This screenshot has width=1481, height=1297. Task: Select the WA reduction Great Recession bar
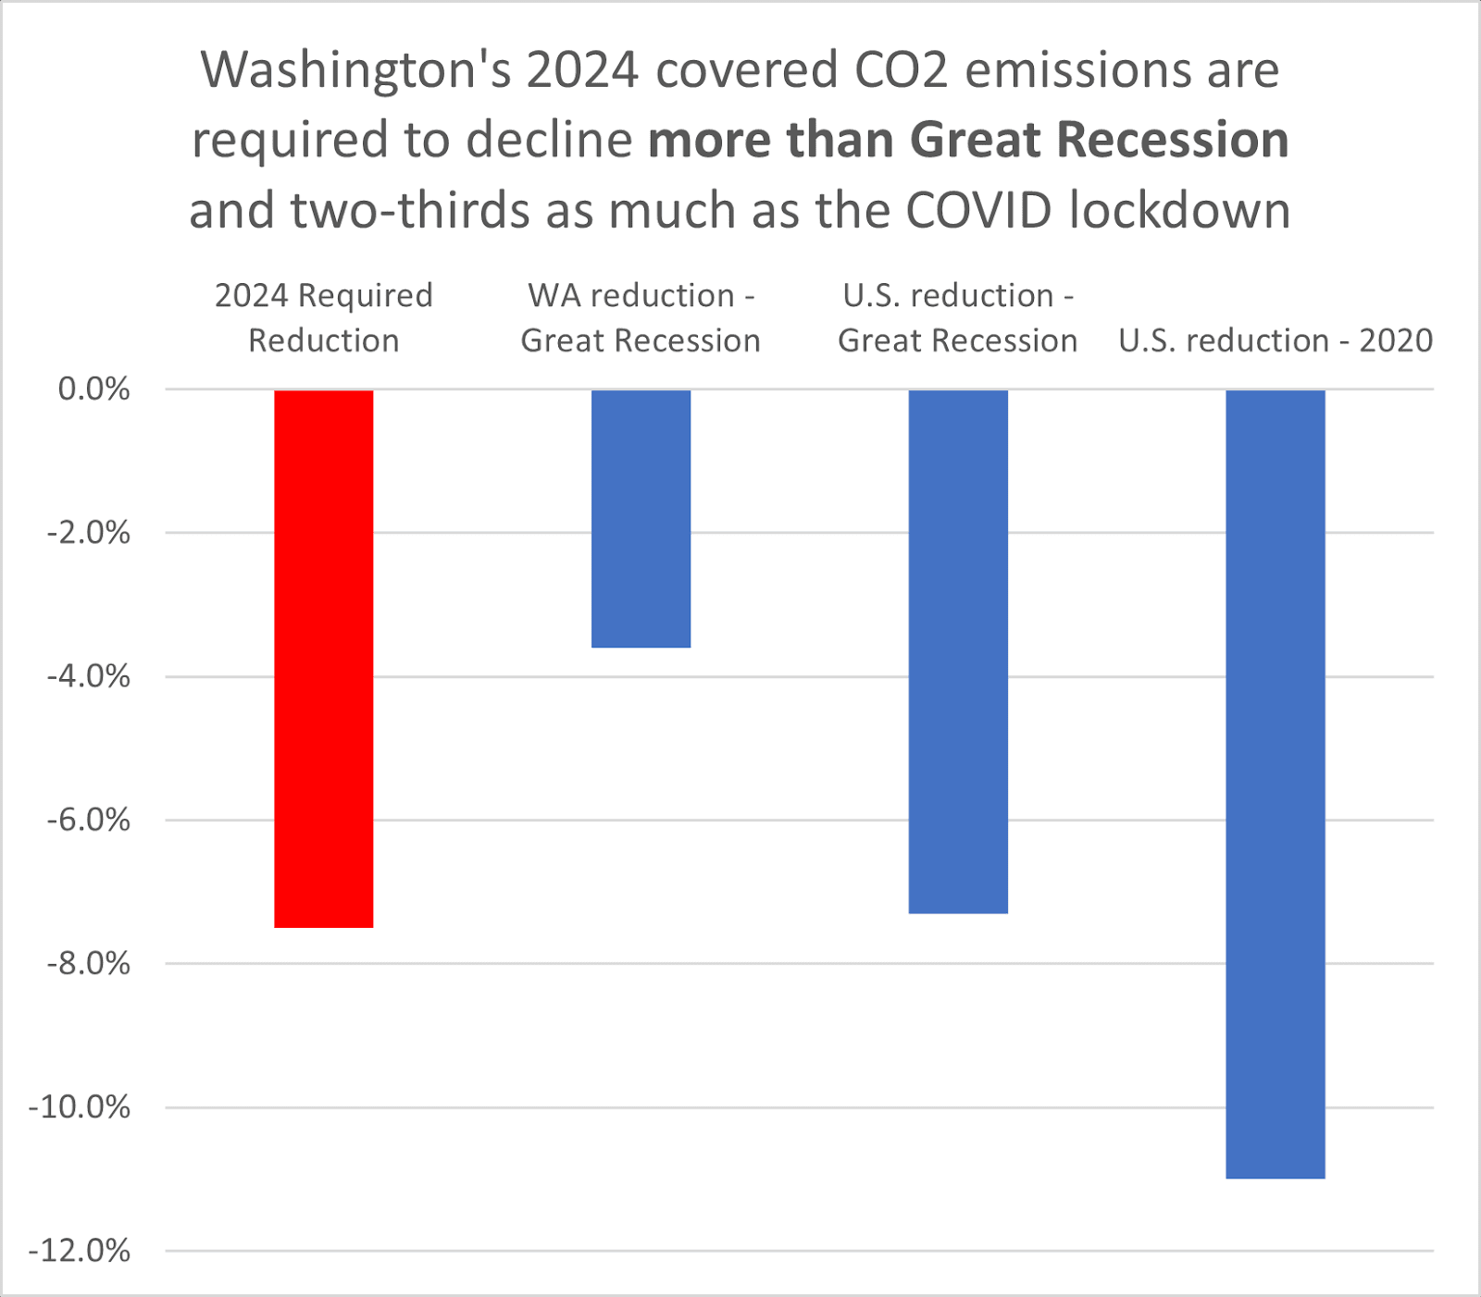(641, 518)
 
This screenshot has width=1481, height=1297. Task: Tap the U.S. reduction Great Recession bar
(958, 650)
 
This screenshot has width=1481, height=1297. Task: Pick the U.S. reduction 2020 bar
(1275, 783)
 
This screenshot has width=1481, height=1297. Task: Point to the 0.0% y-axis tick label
(93, 389)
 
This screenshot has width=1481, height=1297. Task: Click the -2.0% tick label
(89, 533)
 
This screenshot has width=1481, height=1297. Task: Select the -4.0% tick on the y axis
(89, 677)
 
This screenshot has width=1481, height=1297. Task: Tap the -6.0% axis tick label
(89, 821)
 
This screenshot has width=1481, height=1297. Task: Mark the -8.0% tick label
(89, 964)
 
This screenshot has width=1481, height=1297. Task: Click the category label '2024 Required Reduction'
(324, 317)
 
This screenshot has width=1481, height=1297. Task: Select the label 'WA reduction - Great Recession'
(641, 317)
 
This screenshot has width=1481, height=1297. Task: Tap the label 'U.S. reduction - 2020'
(1275, 340)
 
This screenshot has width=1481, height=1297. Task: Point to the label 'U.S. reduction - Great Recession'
(958, 317)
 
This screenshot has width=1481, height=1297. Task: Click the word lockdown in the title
(1179, 211)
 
